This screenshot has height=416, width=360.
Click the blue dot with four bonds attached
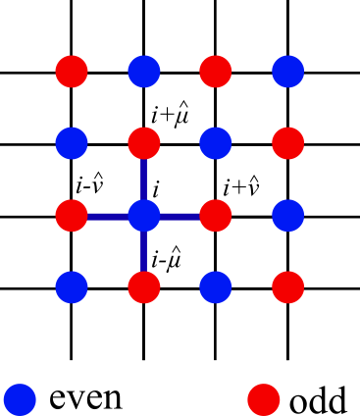pos(143,216)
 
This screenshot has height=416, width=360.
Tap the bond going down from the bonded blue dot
pos(143,251)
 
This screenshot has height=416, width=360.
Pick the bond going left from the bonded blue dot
pos(107,216)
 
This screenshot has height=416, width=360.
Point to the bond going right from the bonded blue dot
pos(180,216)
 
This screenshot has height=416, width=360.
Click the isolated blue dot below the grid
pos(20,399)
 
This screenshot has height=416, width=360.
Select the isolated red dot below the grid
pos(263,399)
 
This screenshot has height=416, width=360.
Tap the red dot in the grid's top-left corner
pos(72,72)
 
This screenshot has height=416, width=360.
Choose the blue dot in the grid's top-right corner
pos(287,72)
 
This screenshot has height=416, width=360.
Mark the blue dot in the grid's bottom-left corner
pos(72,287)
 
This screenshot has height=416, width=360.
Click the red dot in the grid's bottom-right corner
pos(287,287)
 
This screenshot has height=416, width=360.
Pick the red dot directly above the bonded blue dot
pos(143,143)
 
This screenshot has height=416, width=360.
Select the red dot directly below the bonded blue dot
pos(143,287)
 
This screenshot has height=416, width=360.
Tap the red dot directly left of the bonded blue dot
pos(72,216)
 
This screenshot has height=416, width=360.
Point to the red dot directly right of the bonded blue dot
pos(216,216)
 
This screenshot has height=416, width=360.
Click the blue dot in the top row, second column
pos(143,72)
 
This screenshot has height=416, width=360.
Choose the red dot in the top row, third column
pos(216,72)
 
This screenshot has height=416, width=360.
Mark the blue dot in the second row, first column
pos(72,143)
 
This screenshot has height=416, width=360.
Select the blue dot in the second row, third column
pos(216,143)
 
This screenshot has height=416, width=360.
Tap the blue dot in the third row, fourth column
pos(287,216)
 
